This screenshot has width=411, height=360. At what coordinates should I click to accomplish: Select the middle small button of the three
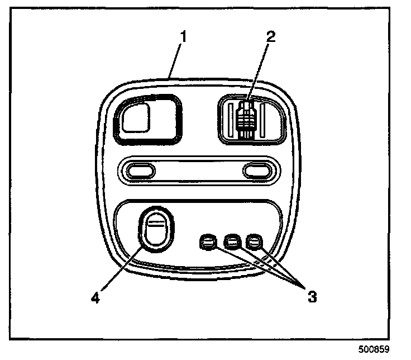pyautogui.click(x=230, y=242)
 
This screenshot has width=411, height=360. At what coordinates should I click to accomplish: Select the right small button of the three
pyautogui.click(x=254, y=242)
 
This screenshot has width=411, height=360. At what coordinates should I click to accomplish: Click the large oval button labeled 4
pyautogui.click(x=156, y=230)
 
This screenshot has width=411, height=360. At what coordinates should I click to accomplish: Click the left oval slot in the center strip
pyautogui.click(x=138, y=170)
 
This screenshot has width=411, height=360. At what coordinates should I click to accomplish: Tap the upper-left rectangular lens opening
pyautogui.click(x=147, y=118)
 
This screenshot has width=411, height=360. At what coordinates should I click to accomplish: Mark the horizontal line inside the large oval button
pyautogui.click(x=155, y=224)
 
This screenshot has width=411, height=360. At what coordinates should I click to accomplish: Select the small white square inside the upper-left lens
pyautogui.click(x=137, y=117)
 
